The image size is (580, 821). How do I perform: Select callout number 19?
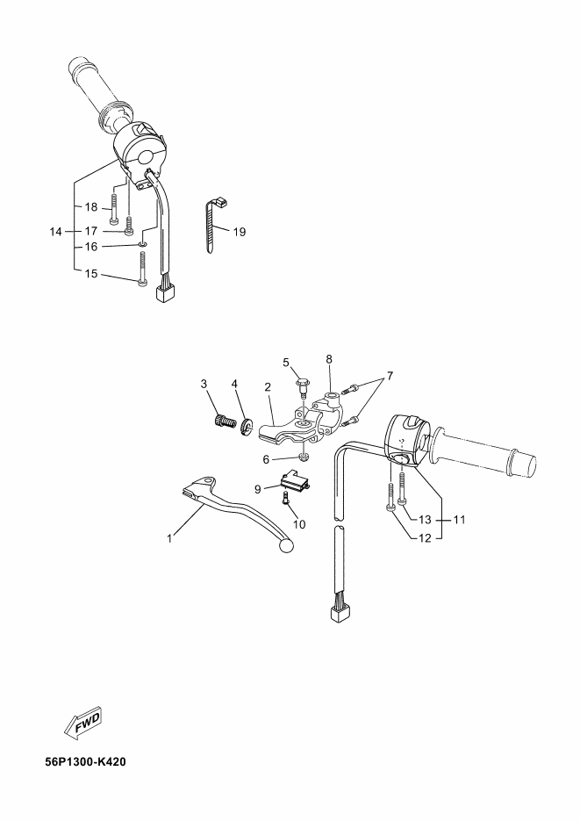coord(239,232)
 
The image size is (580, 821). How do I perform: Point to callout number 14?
coord(56,232)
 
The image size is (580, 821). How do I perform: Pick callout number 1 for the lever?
coord(169,538)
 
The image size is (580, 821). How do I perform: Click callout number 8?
coord(329,359)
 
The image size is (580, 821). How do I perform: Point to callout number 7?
coord(390,376)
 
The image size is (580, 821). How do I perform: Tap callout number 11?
coord(459,520)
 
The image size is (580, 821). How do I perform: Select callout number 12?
coord(426,538)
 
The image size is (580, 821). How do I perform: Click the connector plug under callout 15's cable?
coord(165,293)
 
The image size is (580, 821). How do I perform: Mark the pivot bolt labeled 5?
coord(301,388)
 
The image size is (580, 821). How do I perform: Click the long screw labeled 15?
coord(142,269)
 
